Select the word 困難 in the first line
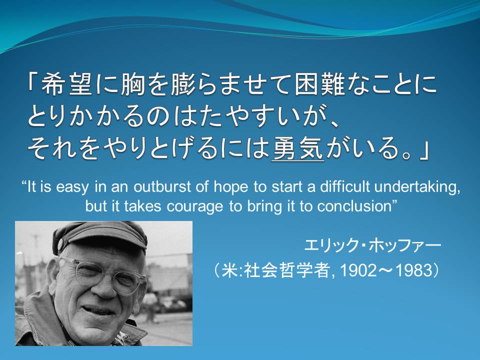coord(320,84)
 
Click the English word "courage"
coord(194,206)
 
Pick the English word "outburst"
coord(162,186)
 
